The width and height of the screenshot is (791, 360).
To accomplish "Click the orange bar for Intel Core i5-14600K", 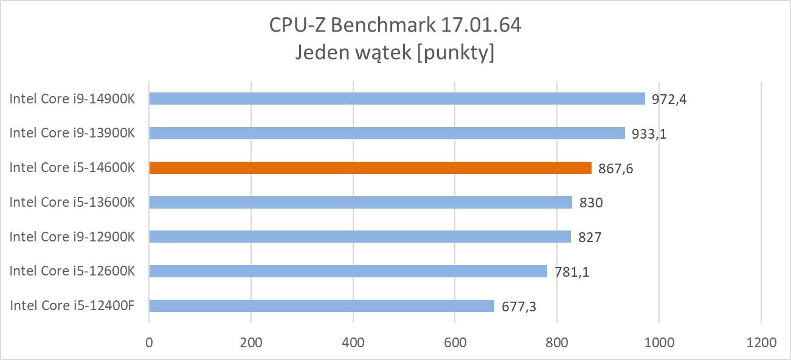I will pos(370,168).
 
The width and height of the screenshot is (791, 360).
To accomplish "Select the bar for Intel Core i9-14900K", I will pos(396,99).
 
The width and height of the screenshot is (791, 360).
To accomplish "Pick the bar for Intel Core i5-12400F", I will pos(321,306).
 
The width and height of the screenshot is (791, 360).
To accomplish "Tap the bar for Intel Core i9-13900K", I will pos(387,133).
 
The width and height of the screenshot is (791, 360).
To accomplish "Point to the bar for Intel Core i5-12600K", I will pos(348,271).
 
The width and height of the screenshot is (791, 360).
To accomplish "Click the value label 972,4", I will pos(669,99).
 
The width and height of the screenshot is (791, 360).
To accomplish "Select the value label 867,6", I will pos(615,169).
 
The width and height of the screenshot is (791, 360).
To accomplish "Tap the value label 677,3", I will pos(519,306).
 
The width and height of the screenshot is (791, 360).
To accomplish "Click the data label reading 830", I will pos(591,203).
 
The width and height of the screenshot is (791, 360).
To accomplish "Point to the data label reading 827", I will pos(590,237).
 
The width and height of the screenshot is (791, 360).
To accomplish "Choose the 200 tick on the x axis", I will pos(251,342).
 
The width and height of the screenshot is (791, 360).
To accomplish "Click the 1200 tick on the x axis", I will pos(761,342).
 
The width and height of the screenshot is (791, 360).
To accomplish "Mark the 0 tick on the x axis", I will pos(149,342).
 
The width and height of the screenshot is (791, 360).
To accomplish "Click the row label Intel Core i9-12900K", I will pos(72,237).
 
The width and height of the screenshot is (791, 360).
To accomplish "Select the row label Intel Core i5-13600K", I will pos(72,202).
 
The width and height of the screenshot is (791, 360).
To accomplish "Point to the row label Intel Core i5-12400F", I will pos(72,305).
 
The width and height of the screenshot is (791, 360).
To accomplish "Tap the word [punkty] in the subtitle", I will pos(454,53).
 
